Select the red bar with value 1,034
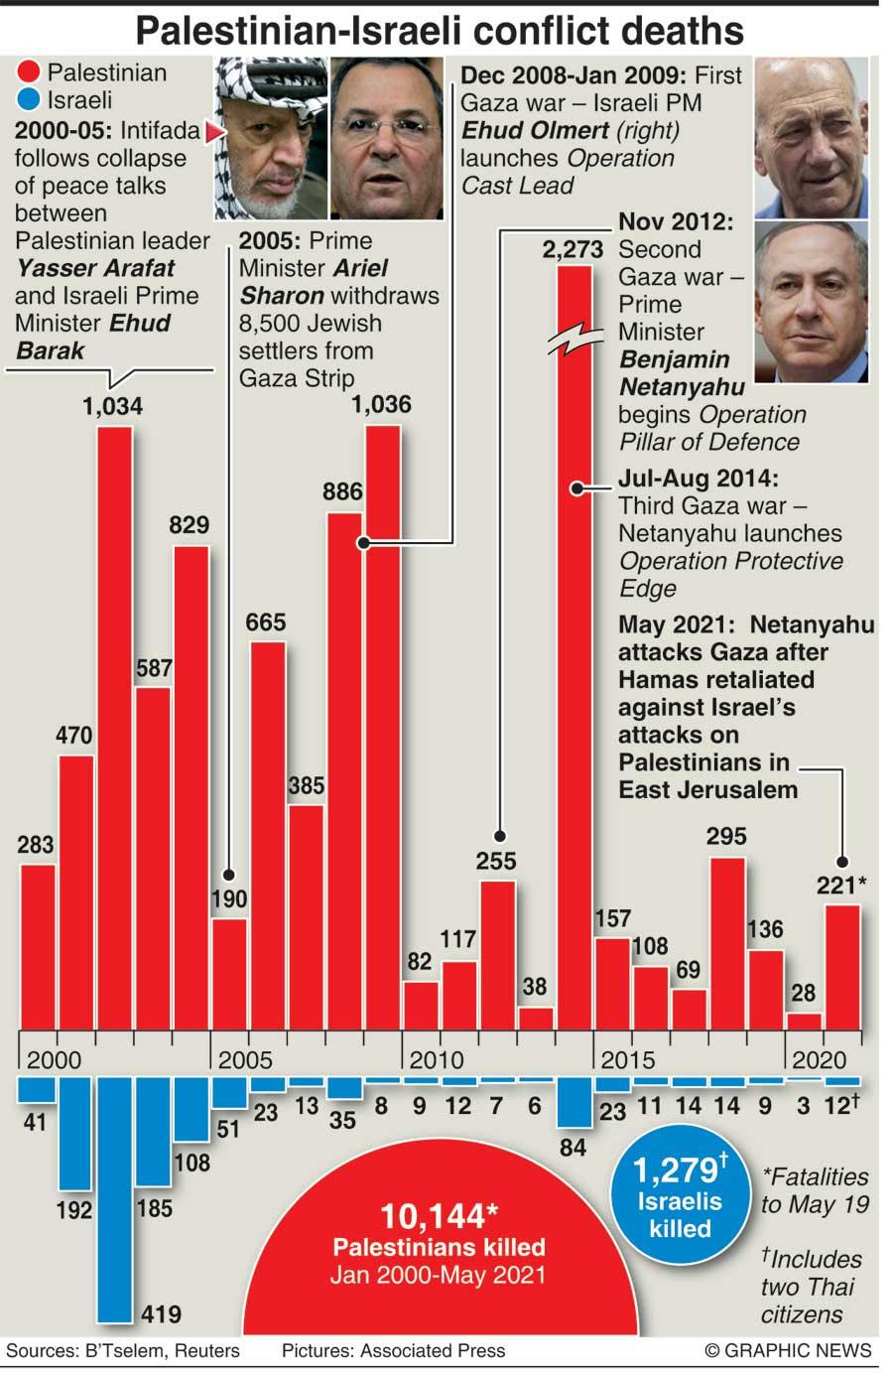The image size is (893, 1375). click(x=115, y=725)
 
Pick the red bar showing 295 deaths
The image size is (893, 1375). click(x=727, y=943)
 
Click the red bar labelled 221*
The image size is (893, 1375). click(x=842, y=968)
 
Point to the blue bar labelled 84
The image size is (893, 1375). click(x=574, y=1103)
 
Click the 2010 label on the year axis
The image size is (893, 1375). click(x=436, y=1059)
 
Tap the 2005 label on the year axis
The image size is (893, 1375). click(x=245, y=1059)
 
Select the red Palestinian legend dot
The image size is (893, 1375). click(x=29, y=72)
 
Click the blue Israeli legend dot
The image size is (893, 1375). click(x=29, y=100)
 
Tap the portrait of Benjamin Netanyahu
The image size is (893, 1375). click(x=811, y=301)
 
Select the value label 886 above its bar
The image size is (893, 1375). click(x=342, y=491)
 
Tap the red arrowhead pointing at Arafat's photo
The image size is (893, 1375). click(x=209, y=131)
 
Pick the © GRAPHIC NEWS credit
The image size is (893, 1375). click(x=788, y=1350)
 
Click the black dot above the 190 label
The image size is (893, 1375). click(x=228, y=876)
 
